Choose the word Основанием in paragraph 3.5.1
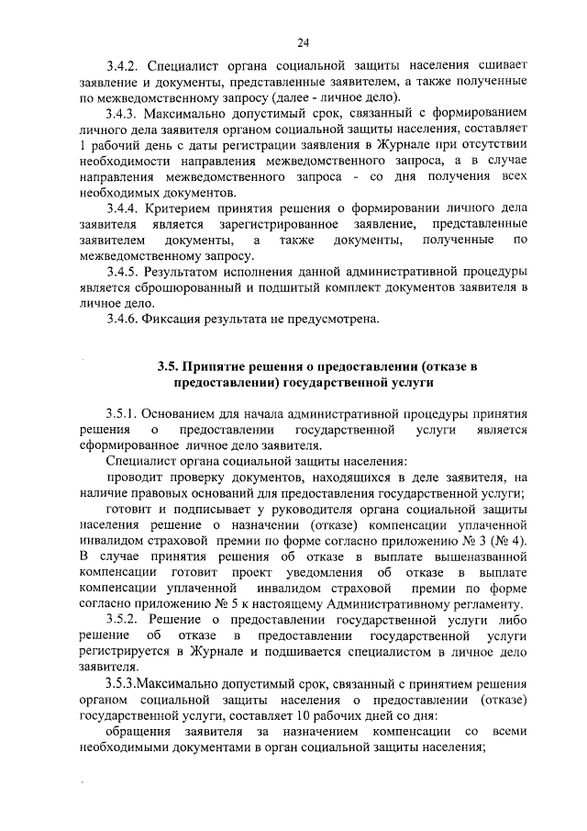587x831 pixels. (x=186, y=414)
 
